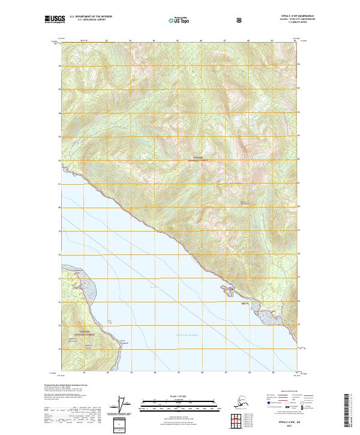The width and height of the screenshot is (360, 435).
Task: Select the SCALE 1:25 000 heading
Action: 179,395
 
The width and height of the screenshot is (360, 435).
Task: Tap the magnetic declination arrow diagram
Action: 124,404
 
